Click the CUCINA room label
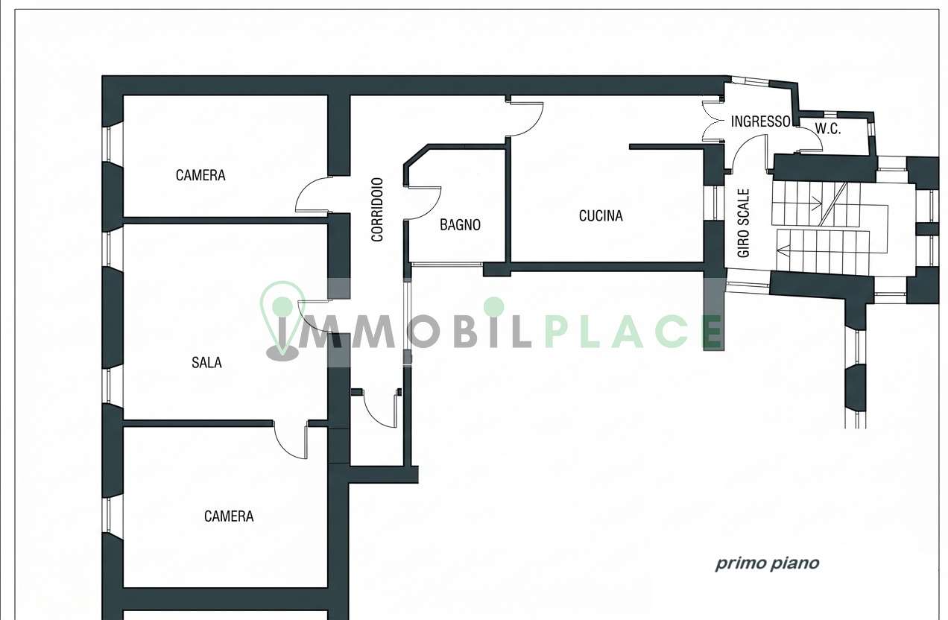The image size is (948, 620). pos(601,216)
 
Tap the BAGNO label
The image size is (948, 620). pos(460,225)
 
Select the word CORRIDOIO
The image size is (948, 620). pos(377,209)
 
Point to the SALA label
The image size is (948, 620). pos(206,363)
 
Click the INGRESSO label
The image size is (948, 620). pos(760,121)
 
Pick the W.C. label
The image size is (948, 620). pos(828,129)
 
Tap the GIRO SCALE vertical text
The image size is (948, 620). pos(743,223)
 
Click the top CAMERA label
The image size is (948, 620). pos(200,175)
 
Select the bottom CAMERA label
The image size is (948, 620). pos(229,516)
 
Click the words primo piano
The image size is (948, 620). pos(767,563)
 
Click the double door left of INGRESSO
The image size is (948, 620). pos(712,121)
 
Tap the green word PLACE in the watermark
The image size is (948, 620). pos(633,332)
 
